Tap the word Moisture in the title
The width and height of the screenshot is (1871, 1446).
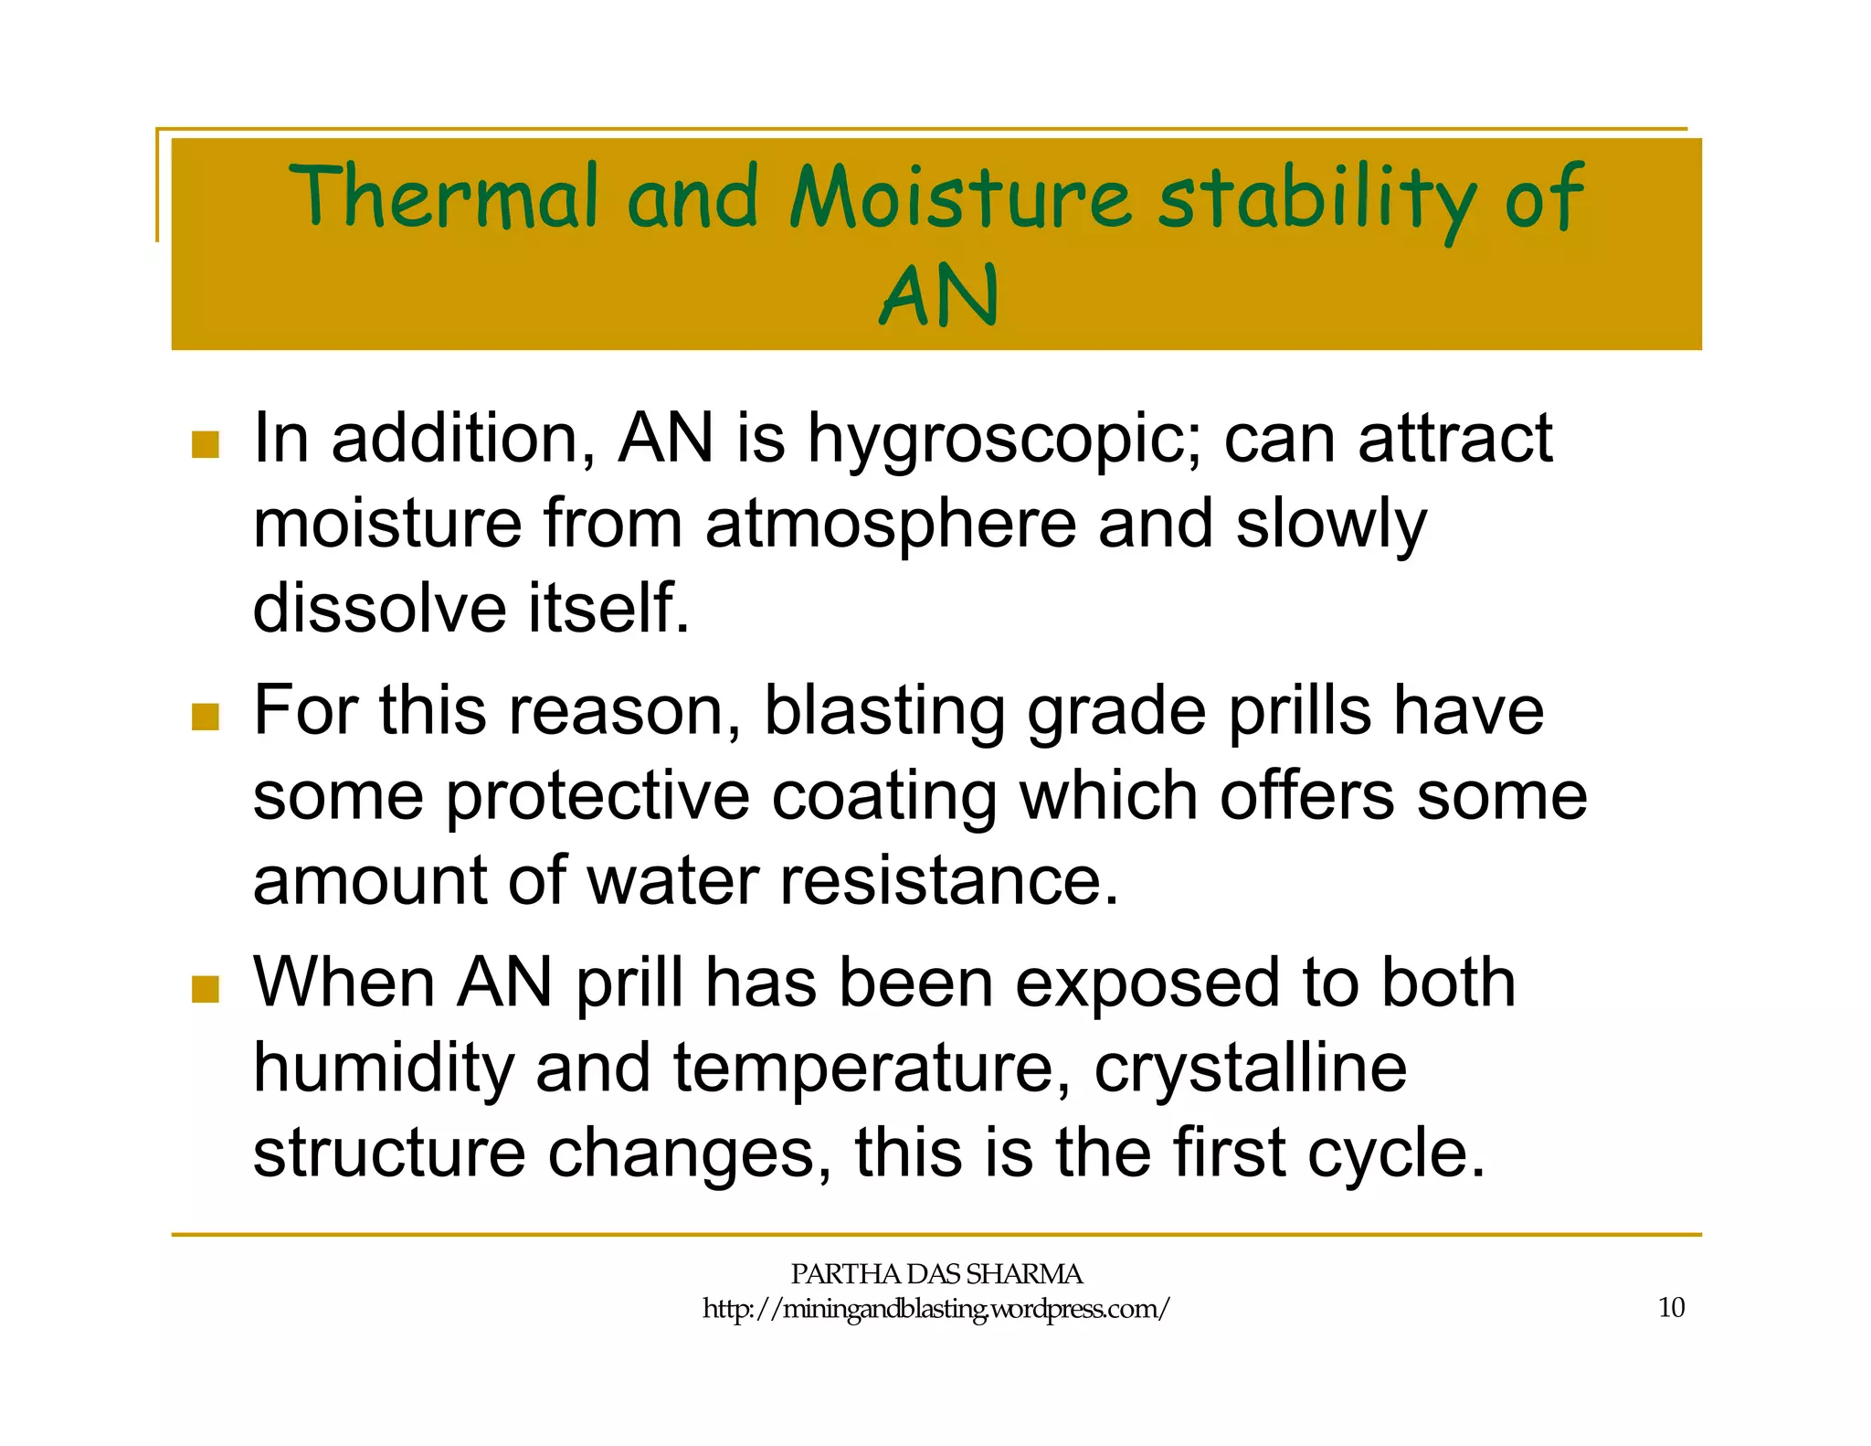coord(959,197)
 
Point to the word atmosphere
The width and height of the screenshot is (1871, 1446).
coord(890,524)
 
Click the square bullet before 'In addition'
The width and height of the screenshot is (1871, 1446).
coord(206,445)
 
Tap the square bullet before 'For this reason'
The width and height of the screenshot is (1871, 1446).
coord(206,717)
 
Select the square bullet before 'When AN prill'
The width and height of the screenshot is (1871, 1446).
coord(206,989)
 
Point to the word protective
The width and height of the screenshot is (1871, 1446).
coord(597,797)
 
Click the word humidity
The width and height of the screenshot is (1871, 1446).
coord(384,1069)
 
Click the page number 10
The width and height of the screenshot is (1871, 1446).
coord(1671,1308)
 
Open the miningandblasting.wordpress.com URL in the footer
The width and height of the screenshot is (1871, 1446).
coord(935,1309)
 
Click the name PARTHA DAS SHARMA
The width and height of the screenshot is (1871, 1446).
coord(935,1274)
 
